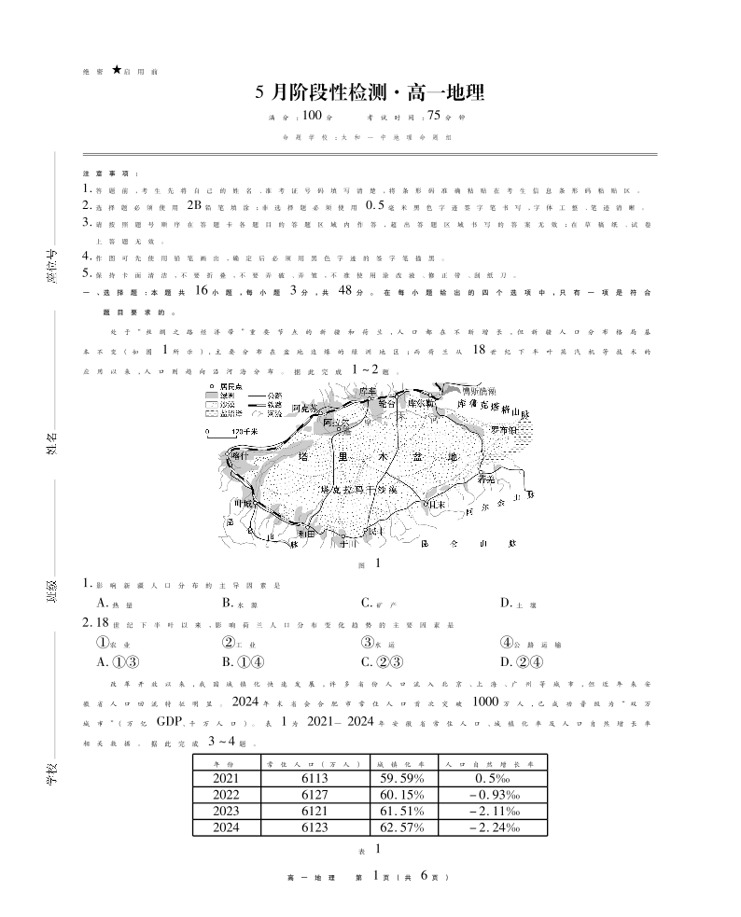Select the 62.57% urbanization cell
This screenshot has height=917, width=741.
point(401,827)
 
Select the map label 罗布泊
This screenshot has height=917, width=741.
point(498,430)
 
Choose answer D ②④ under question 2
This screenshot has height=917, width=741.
point(515,661)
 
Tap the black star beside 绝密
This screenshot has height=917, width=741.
point(116,69)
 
